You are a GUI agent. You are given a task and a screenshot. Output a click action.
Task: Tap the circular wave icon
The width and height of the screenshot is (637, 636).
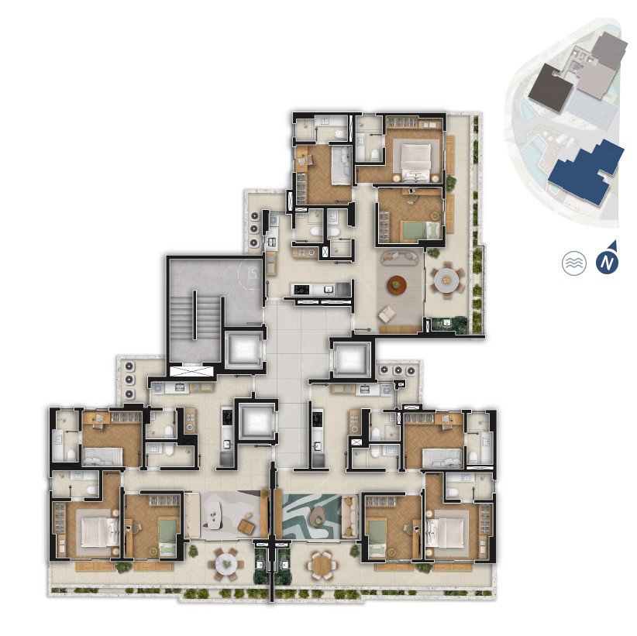(x=574, y=263)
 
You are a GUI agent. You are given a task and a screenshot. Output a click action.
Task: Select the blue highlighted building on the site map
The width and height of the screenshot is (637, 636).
(x=586, y=171)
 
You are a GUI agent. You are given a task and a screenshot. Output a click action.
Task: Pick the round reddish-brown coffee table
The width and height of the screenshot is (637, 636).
(x=397, y=284)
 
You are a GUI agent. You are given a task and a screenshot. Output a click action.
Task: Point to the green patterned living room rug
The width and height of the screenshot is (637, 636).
(x=312, y=516)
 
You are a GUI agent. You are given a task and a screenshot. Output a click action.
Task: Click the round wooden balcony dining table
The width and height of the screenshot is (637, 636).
(x=322, y=566)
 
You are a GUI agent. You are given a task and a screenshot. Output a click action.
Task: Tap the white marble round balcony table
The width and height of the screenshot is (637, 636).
(x=226, y=564)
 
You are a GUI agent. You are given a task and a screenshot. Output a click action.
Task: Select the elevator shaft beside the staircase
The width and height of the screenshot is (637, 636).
(x=244, y=349)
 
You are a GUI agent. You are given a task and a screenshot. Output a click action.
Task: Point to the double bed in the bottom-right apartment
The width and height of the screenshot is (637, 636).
(x=446, y=533)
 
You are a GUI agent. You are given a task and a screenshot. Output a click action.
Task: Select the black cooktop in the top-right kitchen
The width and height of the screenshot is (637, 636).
(x=302, y=289)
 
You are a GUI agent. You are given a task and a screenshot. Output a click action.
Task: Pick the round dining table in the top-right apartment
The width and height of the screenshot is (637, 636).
(x=446, y=280)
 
